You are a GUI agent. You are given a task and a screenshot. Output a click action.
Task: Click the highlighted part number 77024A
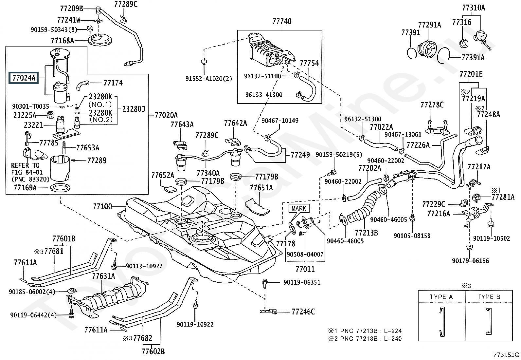coord(23,78)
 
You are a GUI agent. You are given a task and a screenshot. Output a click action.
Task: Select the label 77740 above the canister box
coord(281,22)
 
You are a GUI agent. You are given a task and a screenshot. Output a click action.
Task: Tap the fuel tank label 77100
coord(102,207)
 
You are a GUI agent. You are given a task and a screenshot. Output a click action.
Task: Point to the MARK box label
coord(298,208)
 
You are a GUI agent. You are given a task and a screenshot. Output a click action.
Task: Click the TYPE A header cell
coord(441,297)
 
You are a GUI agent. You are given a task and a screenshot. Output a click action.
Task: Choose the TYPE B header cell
coord(489,297)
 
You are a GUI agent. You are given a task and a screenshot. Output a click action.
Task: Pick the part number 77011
coord(305,269)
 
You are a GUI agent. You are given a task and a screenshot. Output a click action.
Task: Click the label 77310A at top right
coord(474,8)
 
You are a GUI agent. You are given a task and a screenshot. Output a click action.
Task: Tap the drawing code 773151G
coord(507,355)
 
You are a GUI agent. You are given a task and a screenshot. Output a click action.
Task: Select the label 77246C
coord(303,312)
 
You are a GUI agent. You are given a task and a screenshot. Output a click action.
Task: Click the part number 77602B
coord(153,351)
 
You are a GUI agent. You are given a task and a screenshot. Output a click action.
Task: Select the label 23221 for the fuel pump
coord(33,125)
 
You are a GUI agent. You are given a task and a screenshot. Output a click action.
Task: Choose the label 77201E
coord(471,74)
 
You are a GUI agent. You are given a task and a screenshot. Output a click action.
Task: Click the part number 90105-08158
coord(412,236)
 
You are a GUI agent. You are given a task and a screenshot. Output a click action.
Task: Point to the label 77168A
coord(62,41)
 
